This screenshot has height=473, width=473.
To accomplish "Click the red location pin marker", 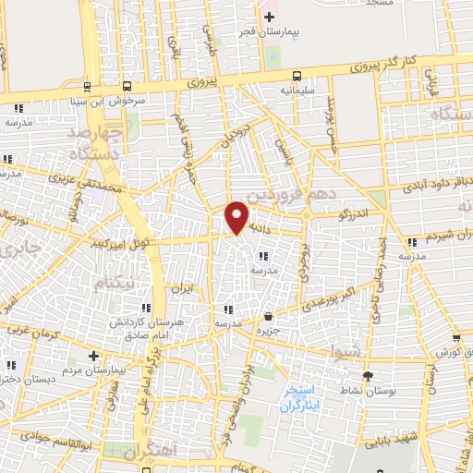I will pos(236,215).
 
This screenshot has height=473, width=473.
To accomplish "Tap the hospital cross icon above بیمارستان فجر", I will pos(269,18).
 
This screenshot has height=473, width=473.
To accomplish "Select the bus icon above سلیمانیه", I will pos(296,76).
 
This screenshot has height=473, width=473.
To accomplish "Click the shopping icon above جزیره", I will pos(268,317).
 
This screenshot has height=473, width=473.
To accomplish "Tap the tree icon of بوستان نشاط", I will pos(369,375).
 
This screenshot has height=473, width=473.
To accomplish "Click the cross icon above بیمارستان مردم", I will pos(92,356).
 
